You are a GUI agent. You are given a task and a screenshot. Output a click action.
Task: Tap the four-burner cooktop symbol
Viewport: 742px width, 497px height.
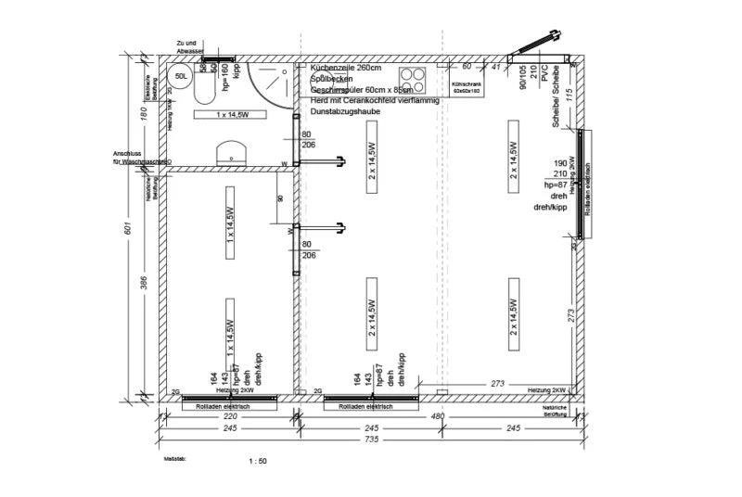click(414, 79)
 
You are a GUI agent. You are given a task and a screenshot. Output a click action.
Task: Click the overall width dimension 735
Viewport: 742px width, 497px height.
click(370, 439)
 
